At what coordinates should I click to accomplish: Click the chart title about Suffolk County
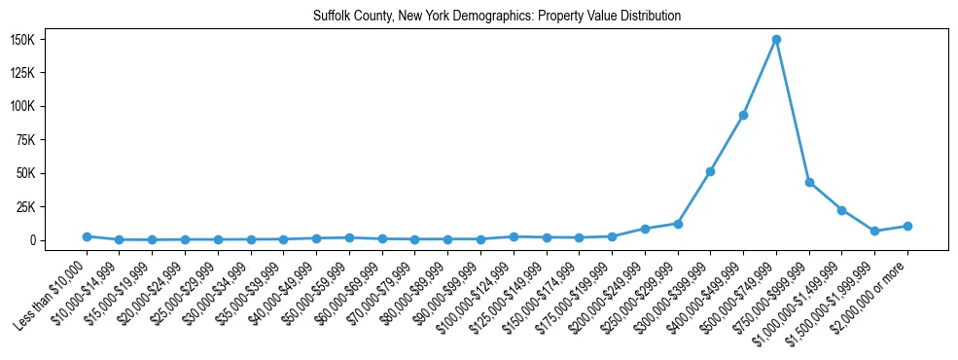coord(497,17)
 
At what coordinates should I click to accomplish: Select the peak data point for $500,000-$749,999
coord(776,40)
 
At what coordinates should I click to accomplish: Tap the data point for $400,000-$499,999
coord(743,115)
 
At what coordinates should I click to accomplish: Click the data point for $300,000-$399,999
coord(710,171)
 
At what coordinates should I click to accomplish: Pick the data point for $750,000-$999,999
coord(809,182)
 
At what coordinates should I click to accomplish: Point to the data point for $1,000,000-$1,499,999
coord(842,210)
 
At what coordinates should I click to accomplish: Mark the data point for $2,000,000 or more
coord(907,226)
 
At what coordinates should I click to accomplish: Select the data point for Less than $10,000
coord(87,236)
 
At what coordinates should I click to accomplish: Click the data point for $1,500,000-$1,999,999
coord(874,231)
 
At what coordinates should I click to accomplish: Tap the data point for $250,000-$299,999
coord(678,224)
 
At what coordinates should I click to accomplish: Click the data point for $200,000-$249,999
coord(645,229)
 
